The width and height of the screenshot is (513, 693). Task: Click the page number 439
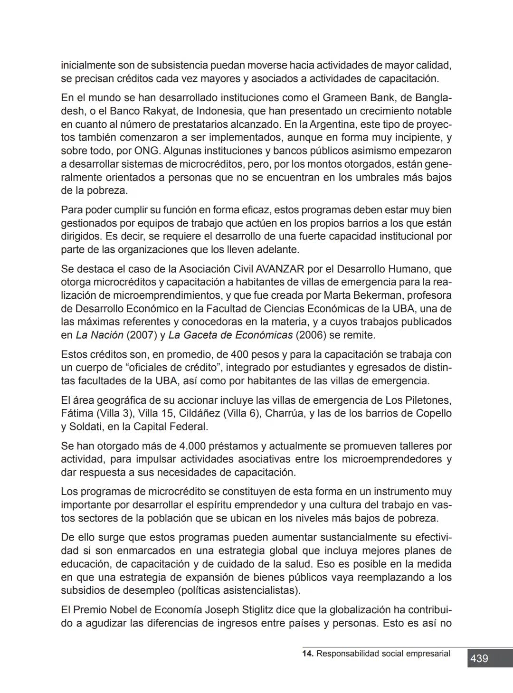pyautogui.click(x=479, y=658)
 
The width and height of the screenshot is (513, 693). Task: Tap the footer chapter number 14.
pyautogui.click(x=307, y=654)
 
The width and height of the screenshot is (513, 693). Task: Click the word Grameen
pyautogui.click(x=343, y=98)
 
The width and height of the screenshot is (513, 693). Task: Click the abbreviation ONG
pyautogui.click(x=147, y=151)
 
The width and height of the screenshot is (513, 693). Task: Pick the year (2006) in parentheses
pyautogui.click(x=311, y=335)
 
